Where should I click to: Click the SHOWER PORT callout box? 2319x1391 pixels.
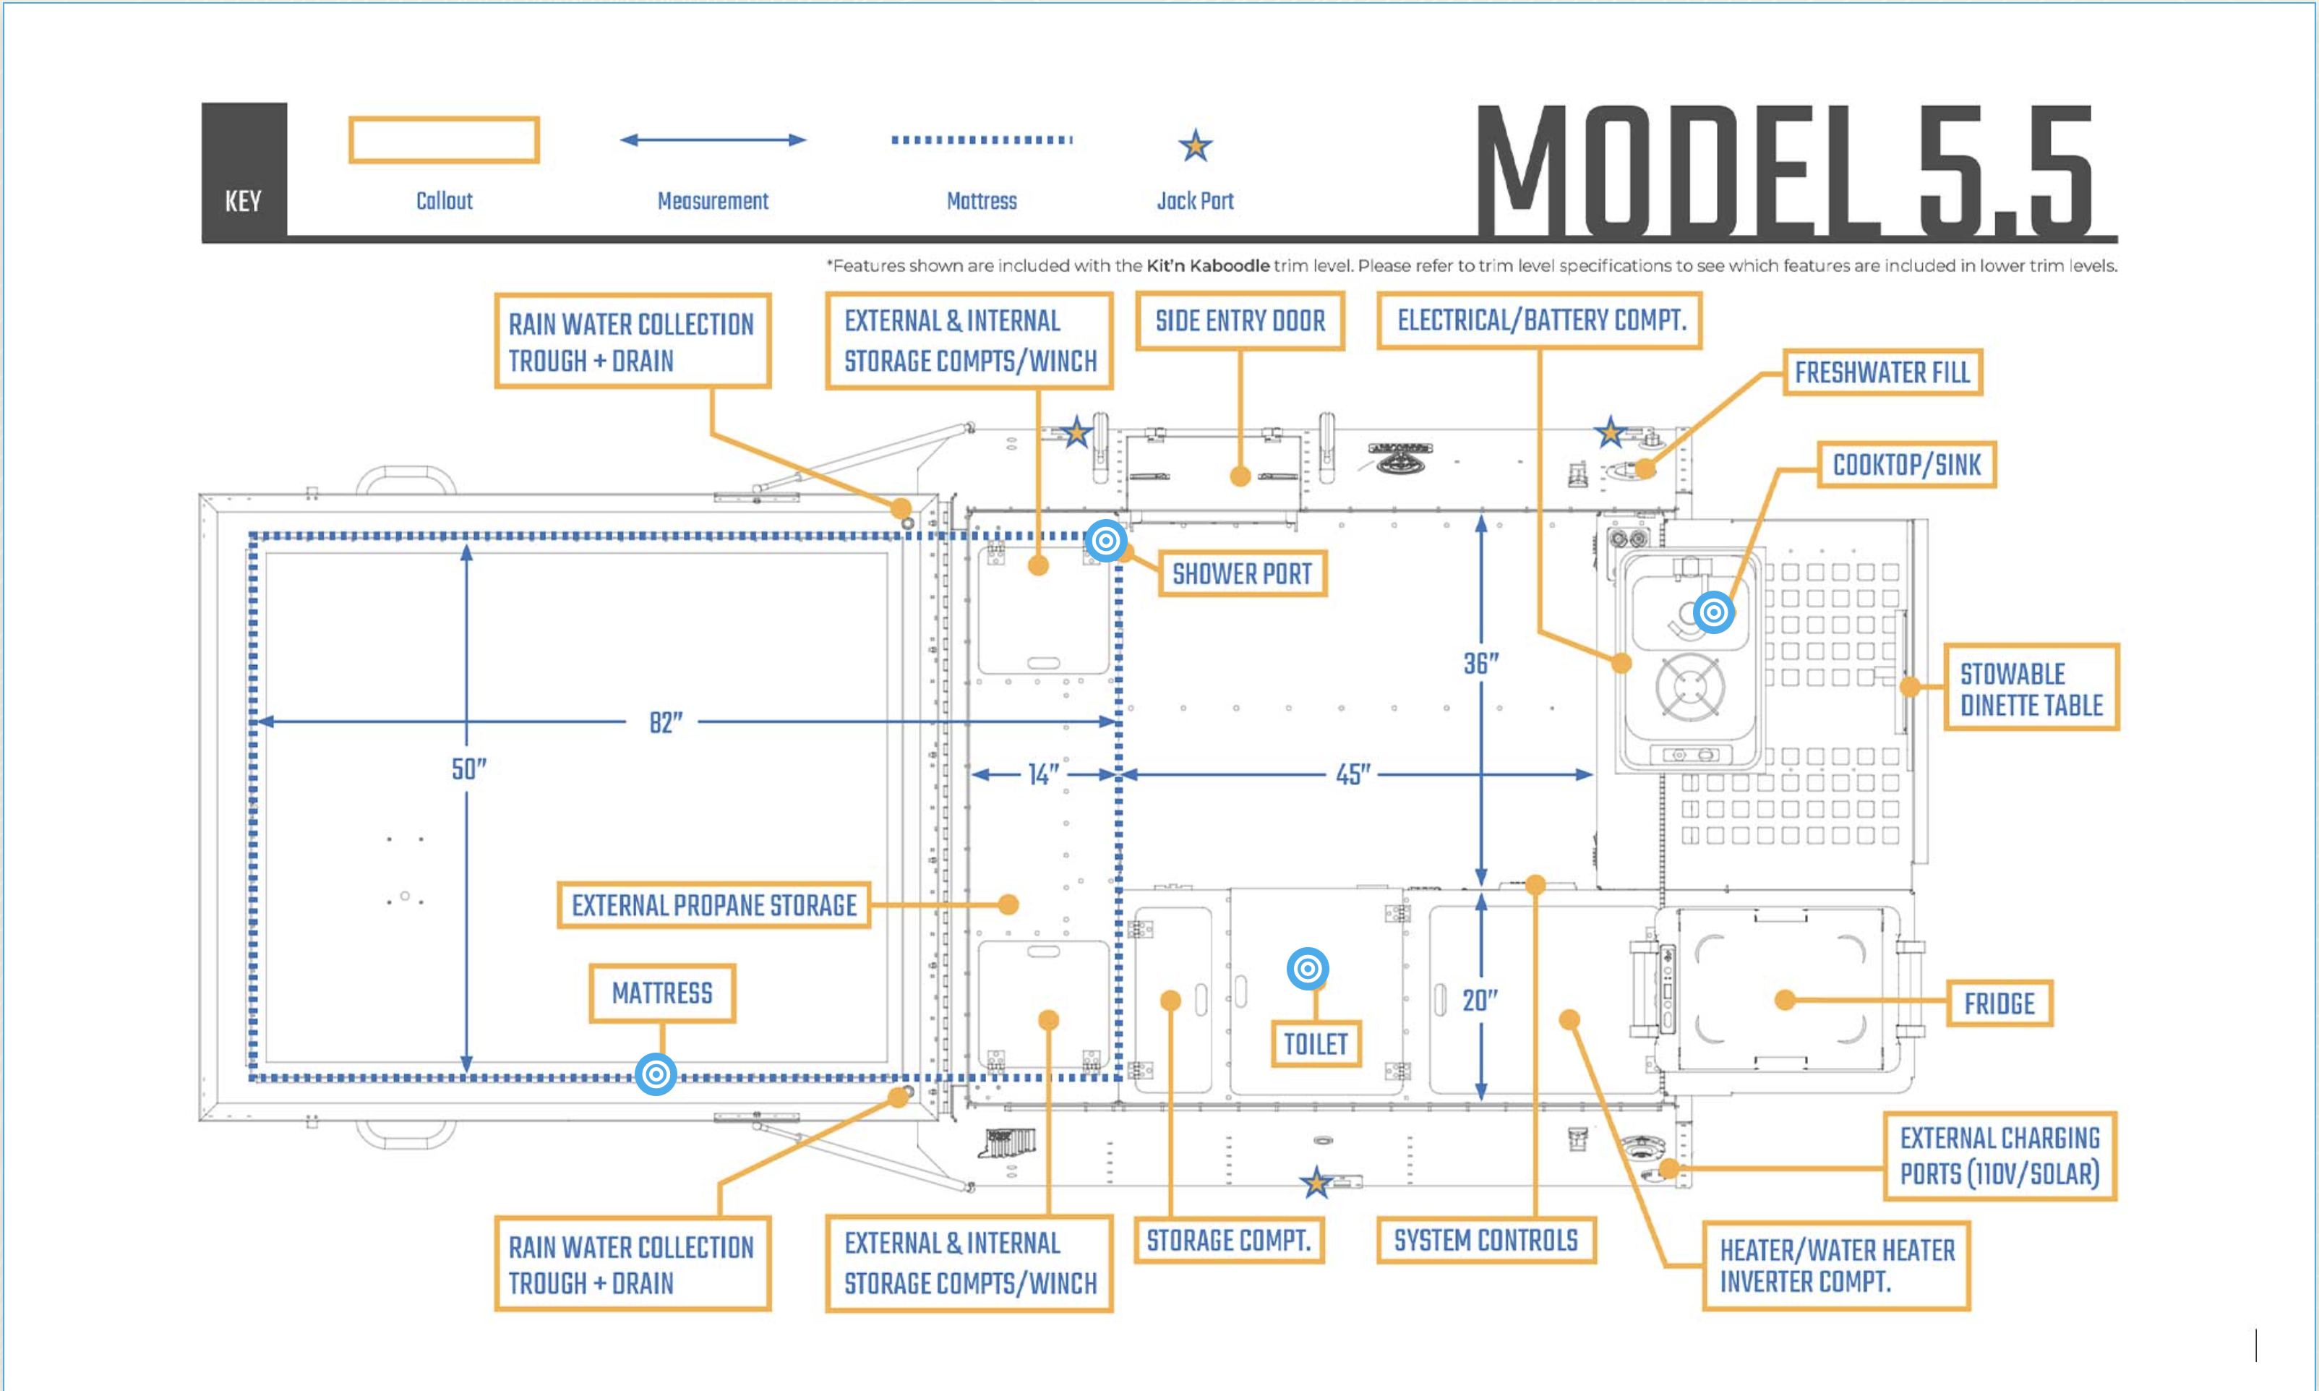(1243, 573)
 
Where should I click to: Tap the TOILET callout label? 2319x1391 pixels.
(1315, 1043)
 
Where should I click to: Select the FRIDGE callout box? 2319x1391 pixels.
(1999, 1004)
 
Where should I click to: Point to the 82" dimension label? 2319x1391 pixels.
(665, 723)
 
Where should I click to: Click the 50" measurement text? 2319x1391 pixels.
(468, 769)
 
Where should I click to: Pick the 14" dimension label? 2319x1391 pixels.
(1043, 774)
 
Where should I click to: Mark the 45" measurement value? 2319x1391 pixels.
(1352, 774)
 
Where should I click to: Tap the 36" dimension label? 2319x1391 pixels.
(1480, 664)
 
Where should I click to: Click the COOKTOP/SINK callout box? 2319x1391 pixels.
(1907, 465)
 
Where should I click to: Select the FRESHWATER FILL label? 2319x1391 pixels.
(1882, 373)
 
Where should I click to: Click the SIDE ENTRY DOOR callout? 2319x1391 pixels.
(1240, 322)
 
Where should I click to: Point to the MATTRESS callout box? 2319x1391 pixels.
(662, 993)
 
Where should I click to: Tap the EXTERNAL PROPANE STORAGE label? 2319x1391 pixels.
(714, 905)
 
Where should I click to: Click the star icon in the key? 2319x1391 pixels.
(1195, 145)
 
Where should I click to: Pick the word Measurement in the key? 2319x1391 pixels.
(712, 200)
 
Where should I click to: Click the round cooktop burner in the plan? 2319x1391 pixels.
(1689, 687)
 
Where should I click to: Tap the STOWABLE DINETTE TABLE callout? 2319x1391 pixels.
(2031, 689)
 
